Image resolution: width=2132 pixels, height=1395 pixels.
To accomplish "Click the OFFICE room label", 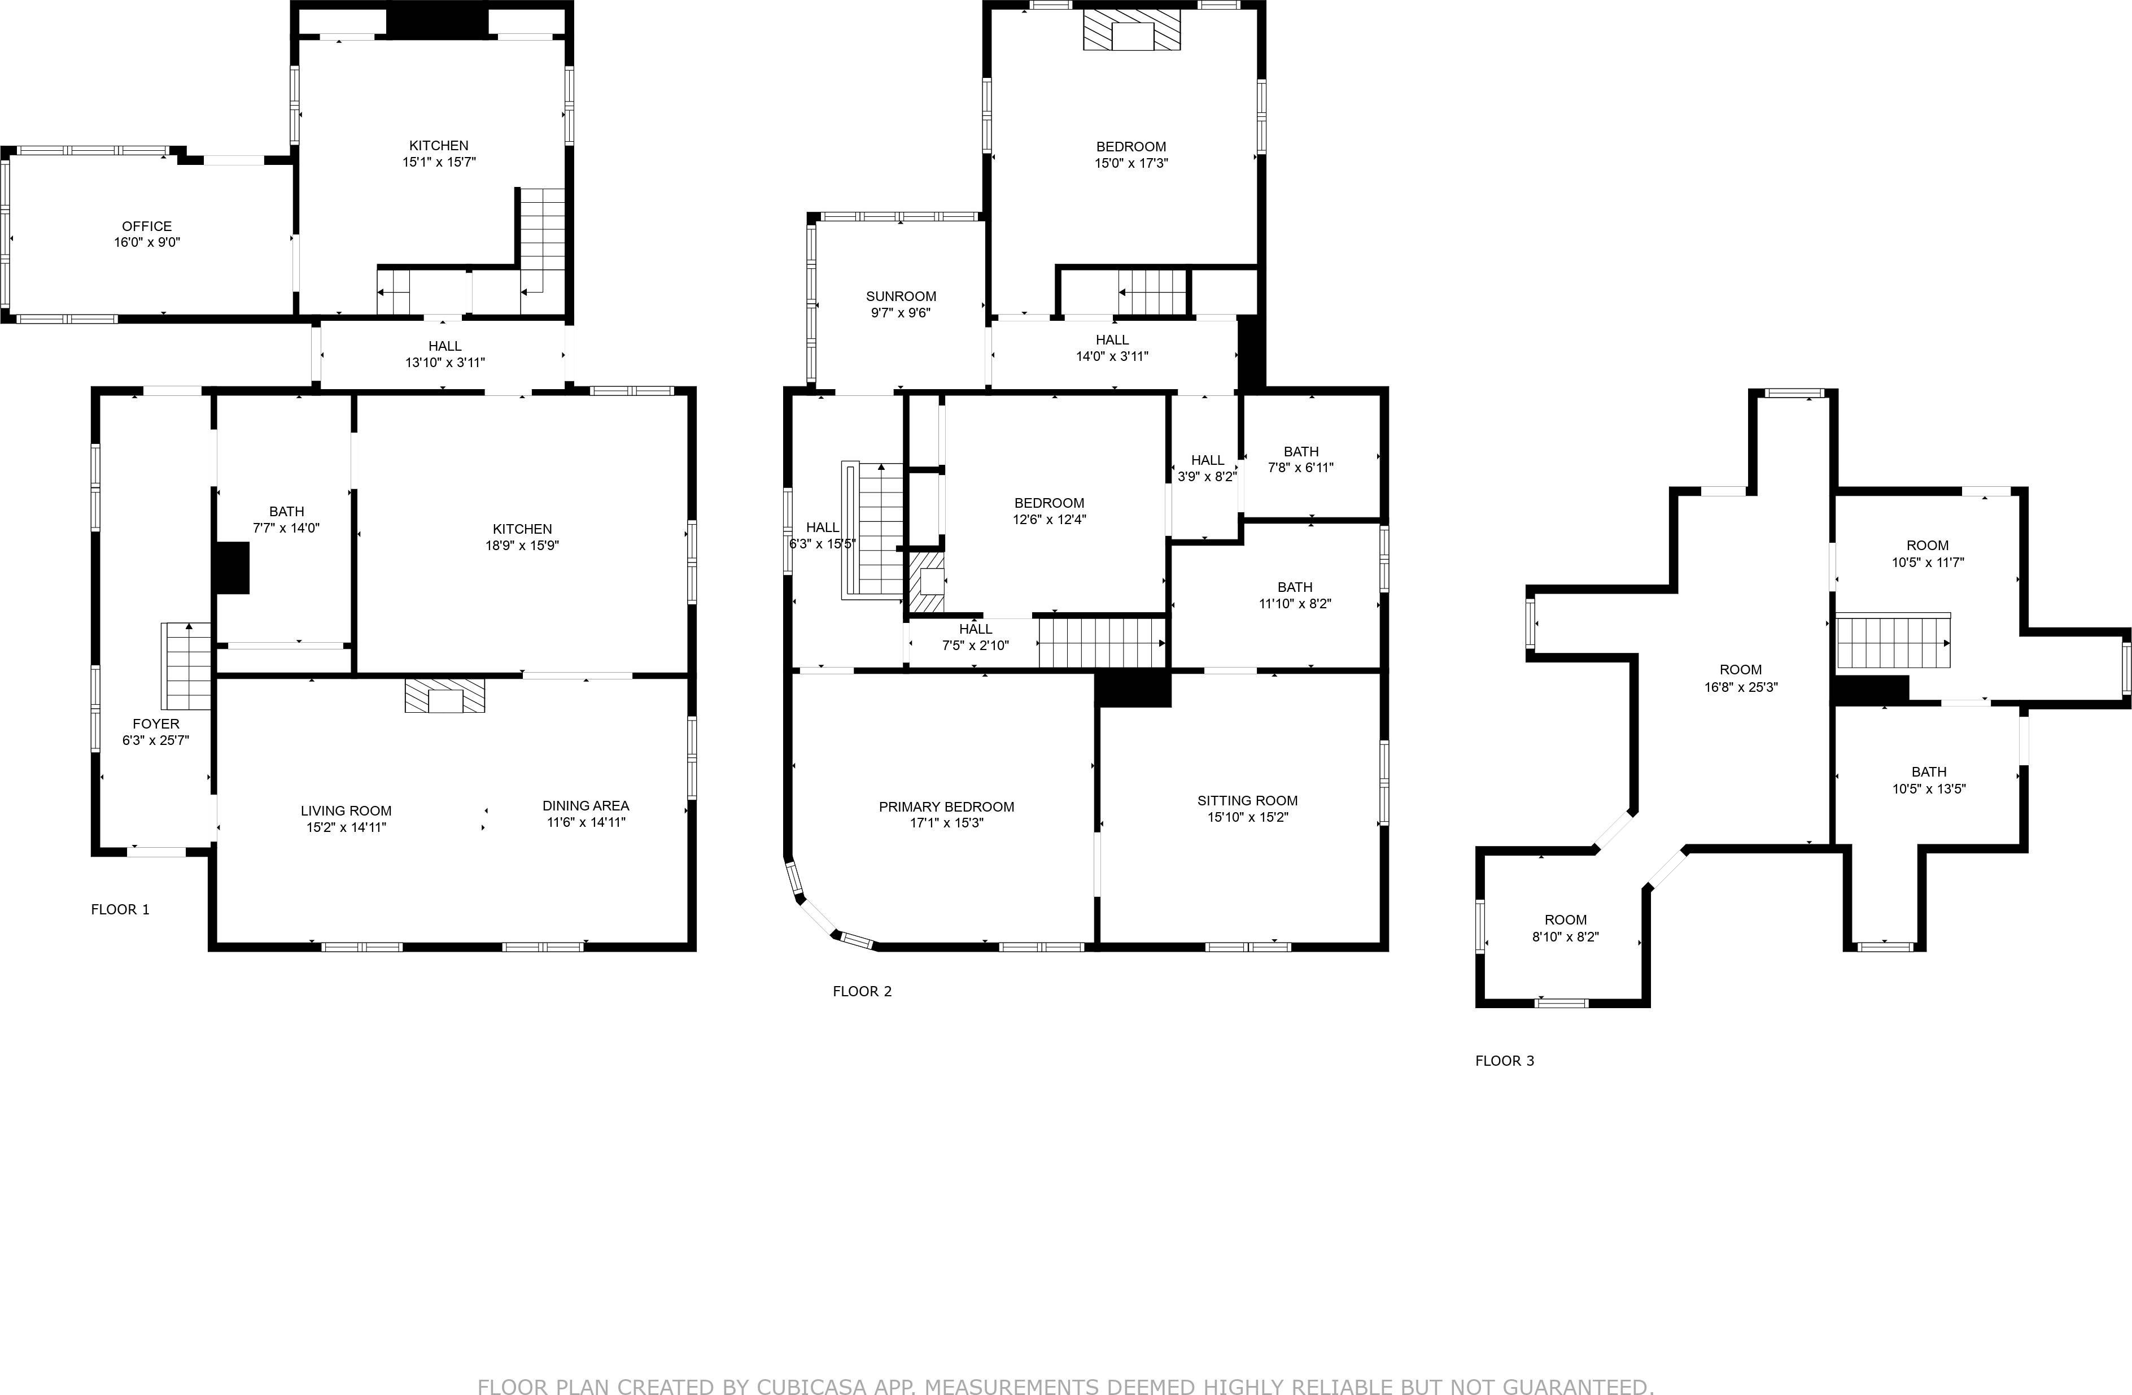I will click(147, 226).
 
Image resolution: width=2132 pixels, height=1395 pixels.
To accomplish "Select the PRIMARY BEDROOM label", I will click(946, 807).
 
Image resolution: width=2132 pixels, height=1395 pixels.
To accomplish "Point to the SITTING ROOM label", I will click(1247, 801).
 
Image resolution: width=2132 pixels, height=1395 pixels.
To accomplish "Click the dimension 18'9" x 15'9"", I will click(522, 546).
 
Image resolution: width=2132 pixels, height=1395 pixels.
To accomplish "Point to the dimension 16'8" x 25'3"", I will click(1741, 687).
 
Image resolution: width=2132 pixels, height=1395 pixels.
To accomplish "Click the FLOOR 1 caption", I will click(120, 909).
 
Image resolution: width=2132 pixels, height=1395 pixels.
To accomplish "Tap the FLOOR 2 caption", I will click(862, 991).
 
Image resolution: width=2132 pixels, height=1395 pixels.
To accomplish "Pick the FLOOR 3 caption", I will click(1504, 1061).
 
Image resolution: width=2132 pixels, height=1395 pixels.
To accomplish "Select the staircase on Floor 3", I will click(1892, 642).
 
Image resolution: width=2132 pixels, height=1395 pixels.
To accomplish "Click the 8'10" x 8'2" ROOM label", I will click(1565, 920).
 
